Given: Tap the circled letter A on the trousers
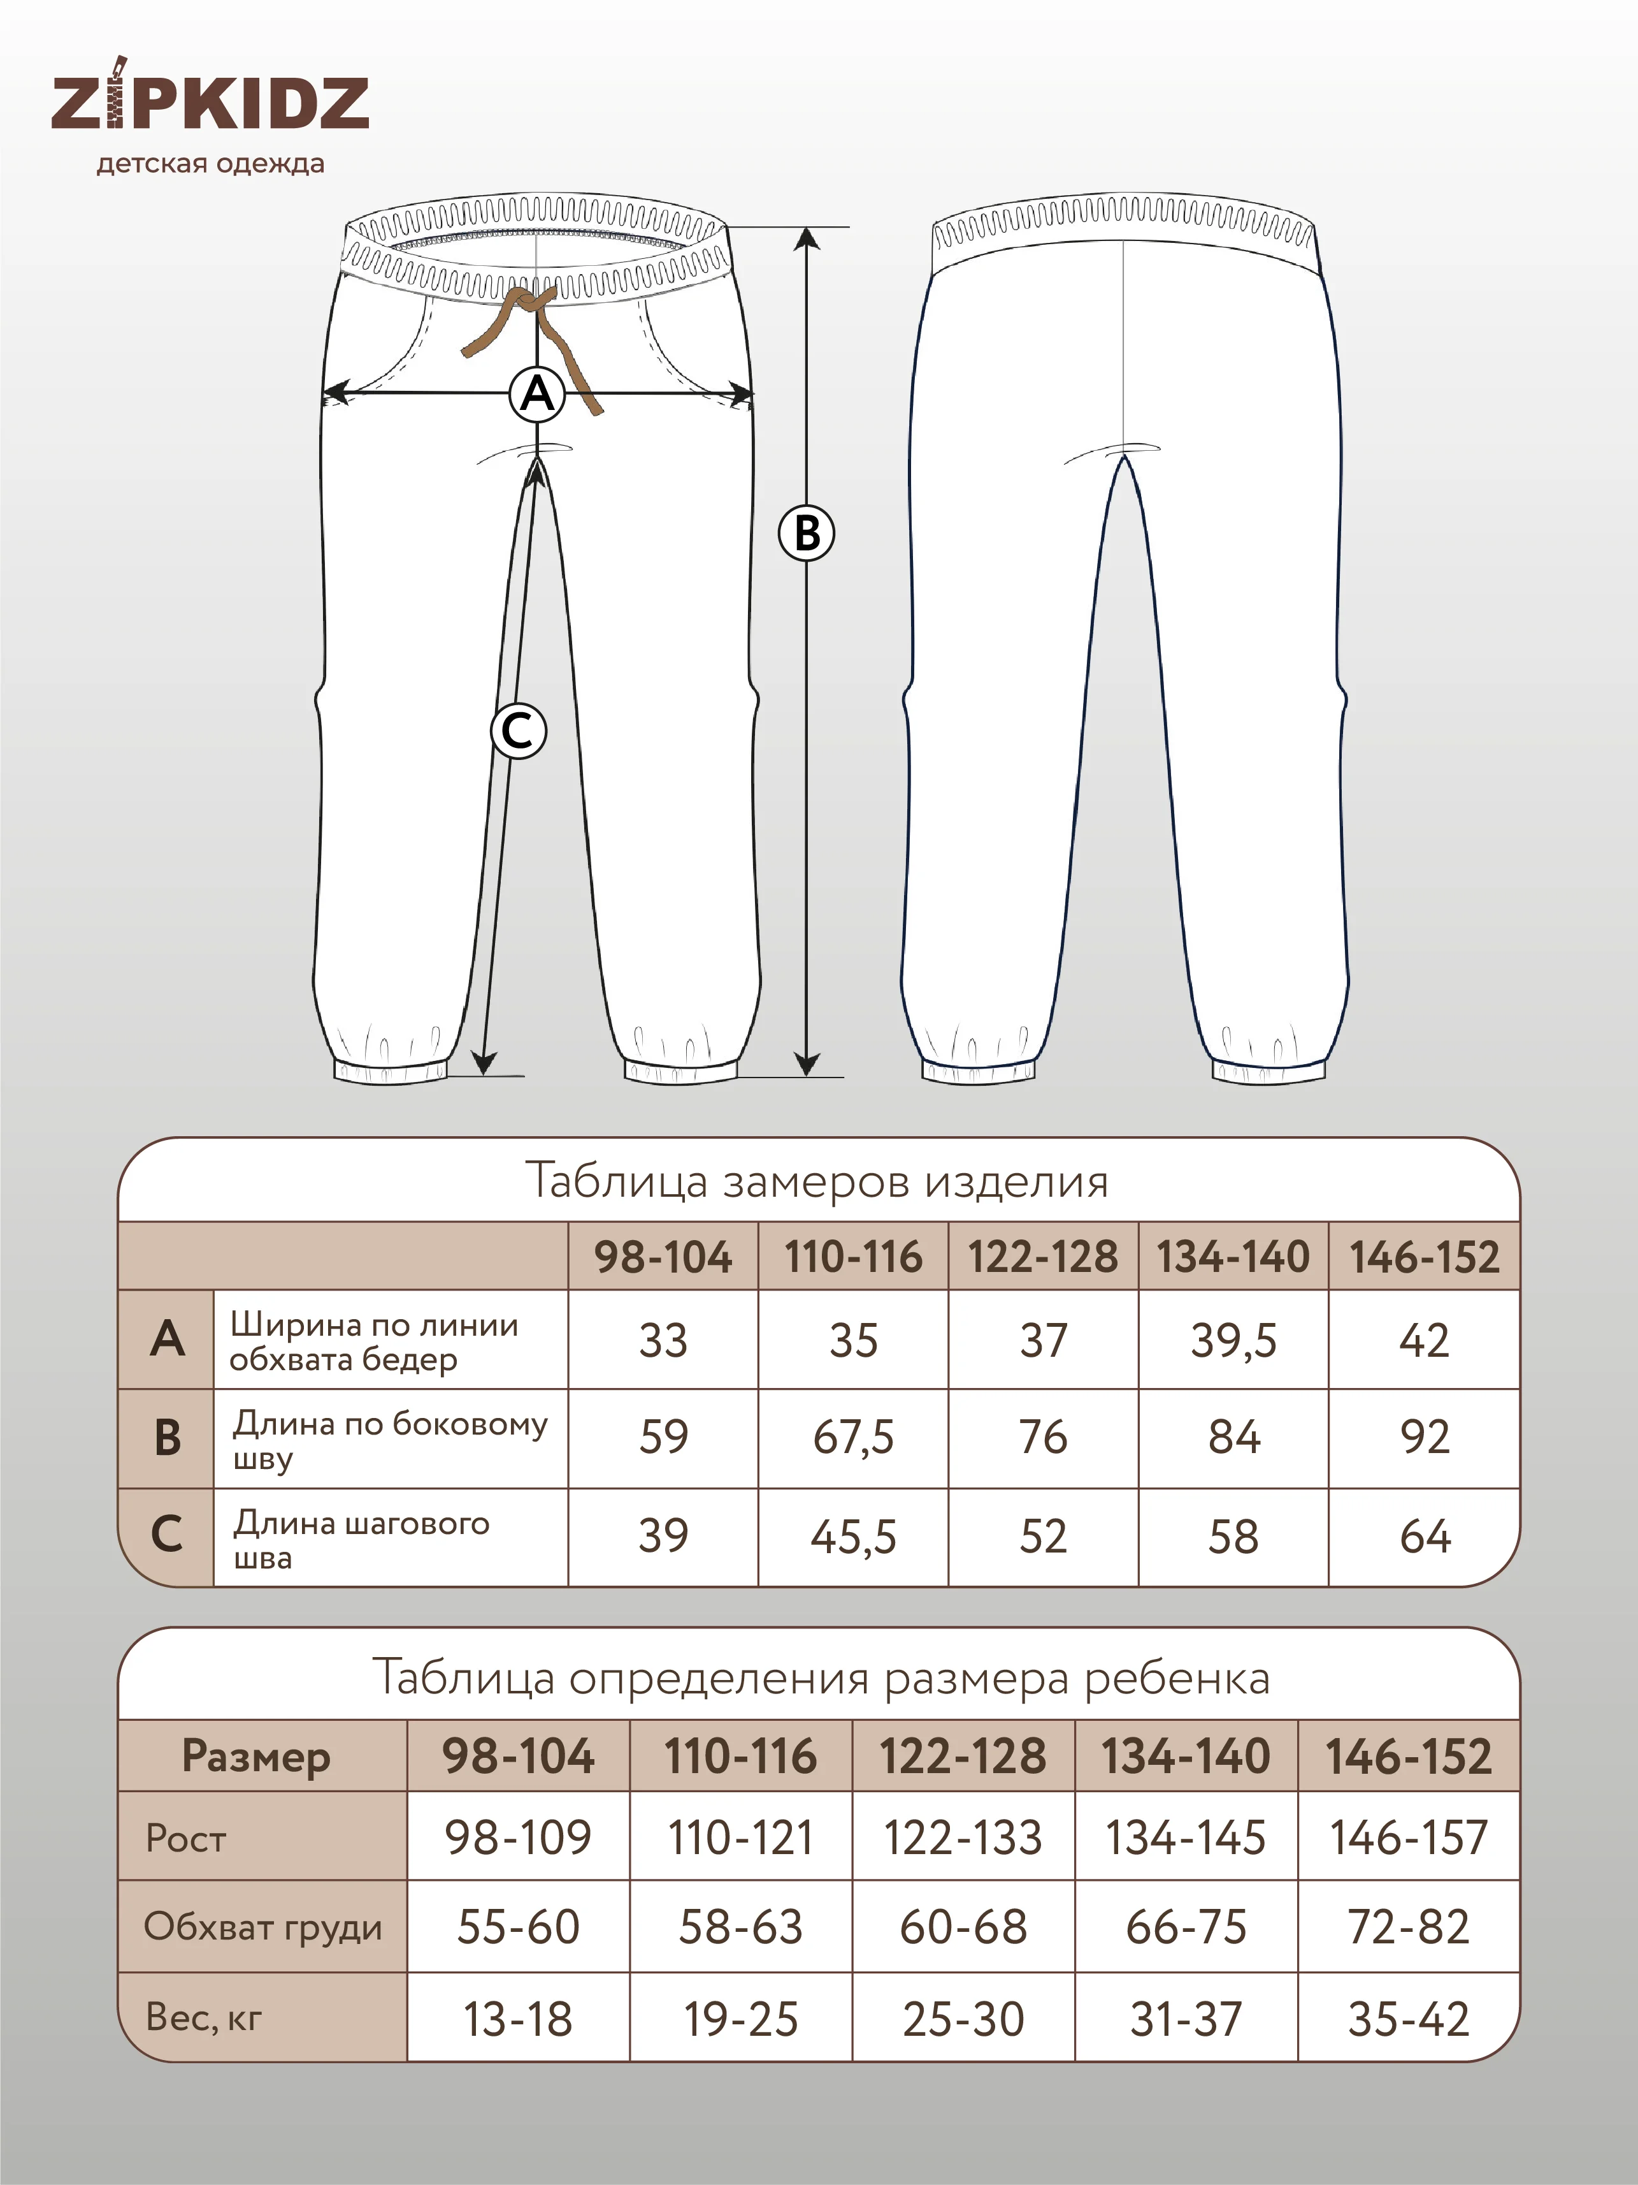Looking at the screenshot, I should coord(537,394).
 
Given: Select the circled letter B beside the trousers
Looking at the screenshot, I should coord(807,534).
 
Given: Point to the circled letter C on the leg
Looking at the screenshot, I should coord(519,731).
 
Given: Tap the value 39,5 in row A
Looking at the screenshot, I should coord(1233,1340).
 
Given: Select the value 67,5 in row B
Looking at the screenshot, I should coord(853,1437).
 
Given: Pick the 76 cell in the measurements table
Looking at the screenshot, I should coord(1043,1437).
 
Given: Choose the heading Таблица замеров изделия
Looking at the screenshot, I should coord(817,1180).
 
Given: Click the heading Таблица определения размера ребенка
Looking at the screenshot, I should coord(821,1677).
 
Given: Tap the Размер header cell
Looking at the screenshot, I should coord(257,1757).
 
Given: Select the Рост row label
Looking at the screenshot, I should coord(185,1838).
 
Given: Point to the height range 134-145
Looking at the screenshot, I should coord(1185,1838).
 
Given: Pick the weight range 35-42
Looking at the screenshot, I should coord(1408,2019).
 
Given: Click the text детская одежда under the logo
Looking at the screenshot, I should coord(210,163).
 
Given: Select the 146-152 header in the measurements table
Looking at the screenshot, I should coord(1424,1257).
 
